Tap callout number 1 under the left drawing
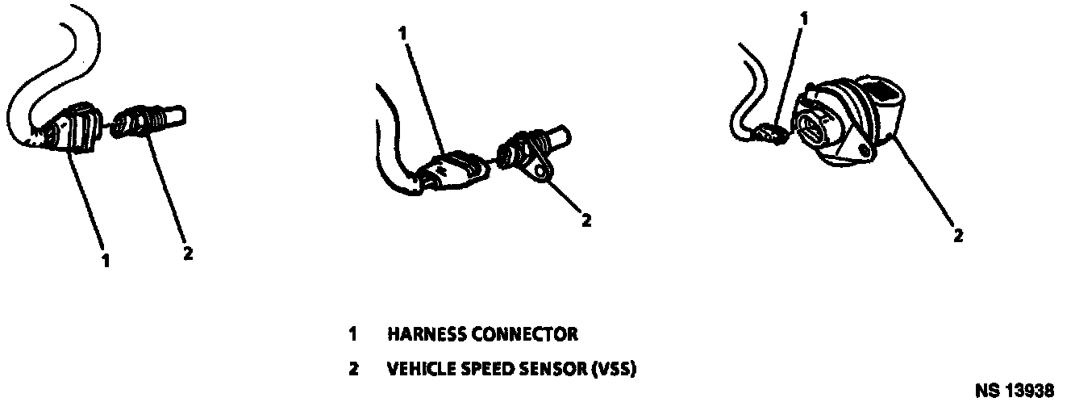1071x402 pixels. tap(106, 262)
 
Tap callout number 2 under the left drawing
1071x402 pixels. tap(187, 253)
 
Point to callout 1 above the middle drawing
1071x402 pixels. tap(403, 33)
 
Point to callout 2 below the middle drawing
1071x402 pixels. tap(586, 220)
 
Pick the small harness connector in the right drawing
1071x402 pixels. tap(772, 135)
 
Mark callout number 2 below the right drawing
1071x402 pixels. tap(957, 236)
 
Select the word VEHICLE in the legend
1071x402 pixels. tap(420, 371)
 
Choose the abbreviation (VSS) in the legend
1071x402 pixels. tap(615, 371)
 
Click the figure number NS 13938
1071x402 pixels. tap(1014, 390)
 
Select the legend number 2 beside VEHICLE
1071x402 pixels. tap(353, 371)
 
